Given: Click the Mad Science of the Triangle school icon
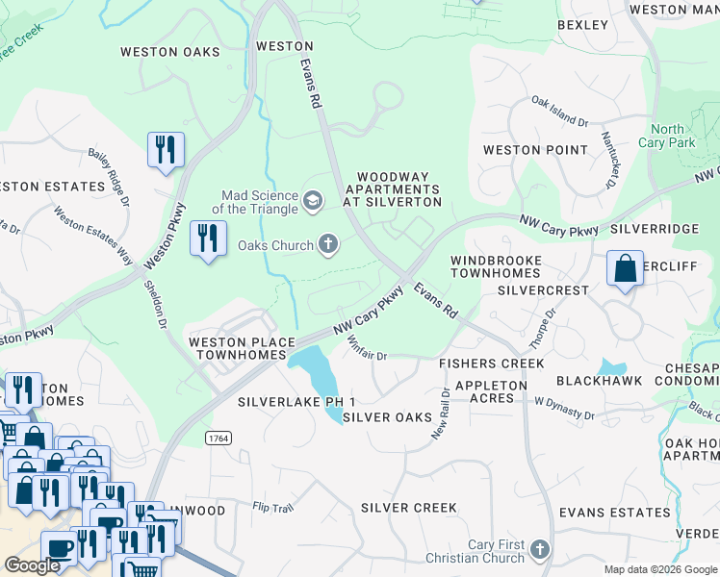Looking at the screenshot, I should coord(312,200).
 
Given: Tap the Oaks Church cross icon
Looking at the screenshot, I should coord(328,245).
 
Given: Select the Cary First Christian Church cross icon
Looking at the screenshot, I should coord(540,551).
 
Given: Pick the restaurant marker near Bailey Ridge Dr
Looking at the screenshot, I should coord(166,150).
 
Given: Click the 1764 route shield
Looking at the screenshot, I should coord(217,438).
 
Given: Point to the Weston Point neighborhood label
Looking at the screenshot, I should coord(534,150).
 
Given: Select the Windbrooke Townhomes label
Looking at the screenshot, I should coord(496,267).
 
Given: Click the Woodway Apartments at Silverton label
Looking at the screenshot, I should coord(399,189).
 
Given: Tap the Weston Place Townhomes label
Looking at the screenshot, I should coord(238,348).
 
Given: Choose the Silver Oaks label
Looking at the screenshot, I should coord(386,417).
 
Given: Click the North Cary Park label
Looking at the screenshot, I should coord(666,136).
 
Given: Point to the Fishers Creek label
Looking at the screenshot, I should coord(491,364).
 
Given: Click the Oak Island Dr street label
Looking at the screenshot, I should coord(559,113).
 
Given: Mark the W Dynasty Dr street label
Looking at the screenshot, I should coord(565,407).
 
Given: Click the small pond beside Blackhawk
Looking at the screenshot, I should coord(611,366).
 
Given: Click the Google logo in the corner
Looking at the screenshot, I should coord(33,565).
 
